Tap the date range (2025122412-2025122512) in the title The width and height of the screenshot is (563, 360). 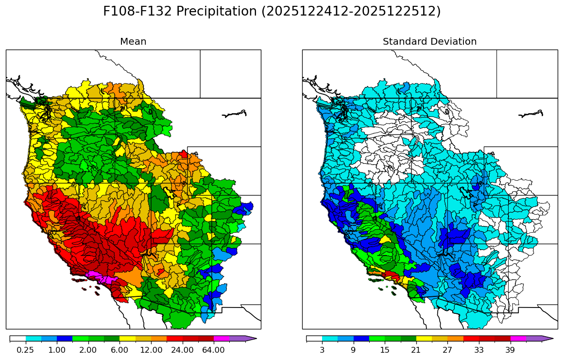point(351,12)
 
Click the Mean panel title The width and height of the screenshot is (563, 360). point(133,42)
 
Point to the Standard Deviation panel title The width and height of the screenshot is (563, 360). point(429,42)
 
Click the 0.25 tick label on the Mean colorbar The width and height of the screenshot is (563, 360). point(25,350)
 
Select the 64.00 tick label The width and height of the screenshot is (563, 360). point(213,350)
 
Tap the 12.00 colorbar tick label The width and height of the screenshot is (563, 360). point(151,350)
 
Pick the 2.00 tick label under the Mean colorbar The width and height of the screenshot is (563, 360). point(88,350)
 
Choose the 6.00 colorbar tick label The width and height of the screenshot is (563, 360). point(119,350)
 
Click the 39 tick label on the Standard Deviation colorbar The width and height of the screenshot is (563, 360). point(510,350)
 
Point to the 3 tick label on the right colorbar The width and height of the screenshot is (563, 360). point(322,350)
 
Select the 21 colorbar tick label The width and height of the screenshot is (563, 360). point(416,350)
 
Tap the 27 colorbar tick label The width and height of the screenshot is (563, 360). point(447,350)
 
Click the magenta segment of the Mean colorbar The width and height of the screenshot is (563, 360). point(221,338)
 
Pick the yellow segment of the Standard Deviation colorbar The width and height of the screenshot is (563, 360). point(424,338)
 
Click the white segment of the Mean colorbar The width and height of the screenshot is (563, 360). point(17,338)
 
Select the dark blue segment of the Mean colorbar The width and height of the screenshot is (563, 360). point(65,338)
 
